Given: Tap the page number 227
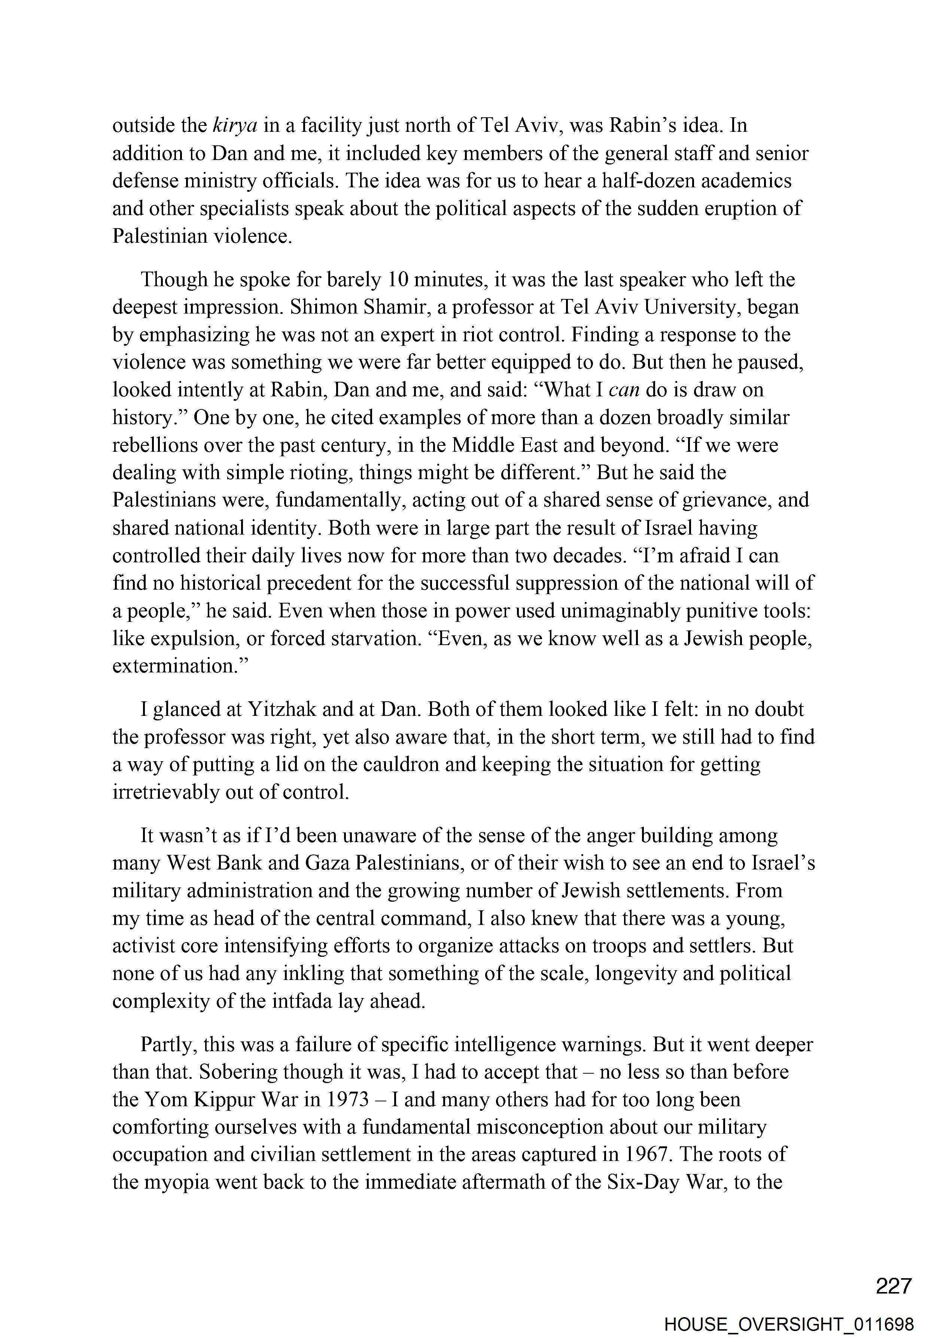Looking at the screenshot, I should click(894, 1285).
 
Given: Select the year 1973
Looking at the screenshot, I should click(348, 1100).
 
